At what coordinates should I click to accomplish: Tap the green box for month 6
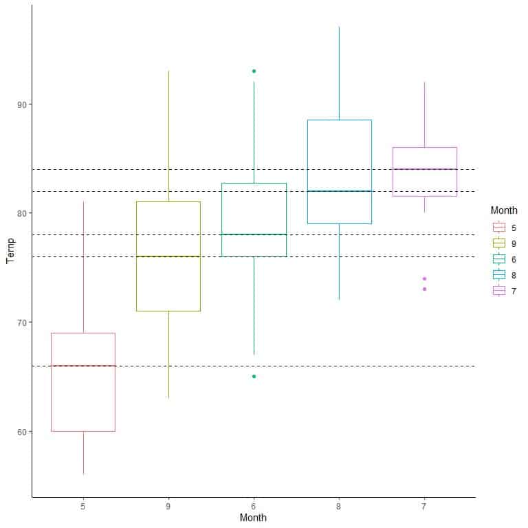(254, 220)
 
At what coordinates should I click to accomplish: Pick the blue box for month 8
(339, 172)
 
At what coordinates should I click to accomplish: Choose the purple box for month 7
(424, 172)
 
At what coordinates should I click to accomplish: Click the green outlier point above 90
(254, 71)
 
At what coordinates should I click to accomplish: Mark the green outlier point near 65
(254, 376)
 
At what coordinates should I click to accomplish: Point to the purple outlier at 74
(424, 278)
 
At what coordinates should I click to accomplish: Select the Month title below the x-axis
(253, 518)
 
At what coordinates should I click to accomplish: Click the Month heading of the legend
(503, 210)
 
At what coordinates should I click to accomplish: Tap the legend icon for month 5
(499, 227)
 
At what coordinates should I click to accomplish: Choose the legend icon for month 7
(499, 291)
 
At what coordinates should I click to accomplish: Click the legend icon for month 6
(499, 258)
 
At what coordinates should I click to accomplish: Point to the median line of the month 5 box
(83, 366)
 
